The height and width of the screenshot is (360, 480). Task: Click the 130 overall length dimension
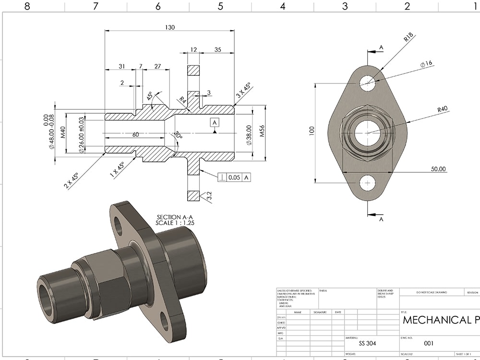(x=169, y=27)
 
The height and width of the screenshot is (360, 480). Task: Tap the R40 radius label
(x=442, y=109)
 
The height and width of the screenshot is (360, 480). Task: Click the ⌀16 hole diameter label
(x=426, y=64)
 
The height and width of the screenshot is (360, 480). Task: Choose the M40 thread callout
(x=62, y=132)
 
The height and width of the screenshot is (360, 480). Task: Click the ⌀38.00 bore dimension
(x=249, y=135)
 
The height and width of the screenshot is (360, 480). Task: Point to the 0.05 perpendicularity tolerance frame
(x=235, y=178)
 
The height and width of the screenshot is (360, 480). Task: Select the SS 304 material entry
(x=368, y=344)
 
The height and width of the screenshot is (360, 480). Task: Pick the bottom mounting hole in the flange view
(x=368, y=182)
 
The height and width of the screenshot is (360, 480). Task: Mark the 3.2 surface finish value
(x=208, y=196)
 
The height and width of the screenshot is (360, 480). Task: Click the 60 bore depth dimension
(x=136, y=135)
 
